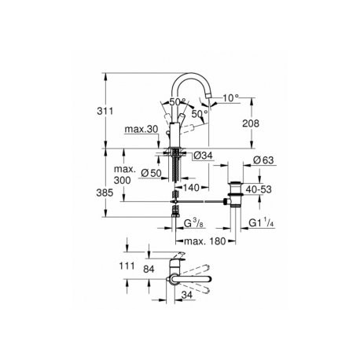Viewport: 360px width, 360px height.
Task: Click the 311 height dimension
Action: coord(105,111)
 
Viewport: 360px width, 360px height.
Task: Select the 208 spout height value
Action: coord(251,123)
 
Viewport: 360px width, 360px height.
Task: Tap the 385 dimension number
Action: coord(105,193)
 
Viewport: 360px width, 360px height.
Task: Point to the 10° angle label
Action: coord(231,98)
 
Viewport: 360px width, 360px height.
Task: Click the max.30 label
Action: coord(141,129)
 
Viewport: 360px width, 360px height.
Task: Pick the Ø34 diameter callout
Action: coord(204,156)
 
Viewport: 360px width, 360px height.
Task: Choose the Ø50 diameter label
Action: coord(151,173)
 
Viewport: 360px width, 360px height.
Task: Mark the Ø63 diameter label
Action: coord(263,160)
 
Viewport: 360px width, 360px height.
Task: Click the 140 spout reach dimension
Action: coord(191,188)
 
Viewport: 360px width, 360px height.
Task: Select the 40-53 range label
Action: coord(259,189)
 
